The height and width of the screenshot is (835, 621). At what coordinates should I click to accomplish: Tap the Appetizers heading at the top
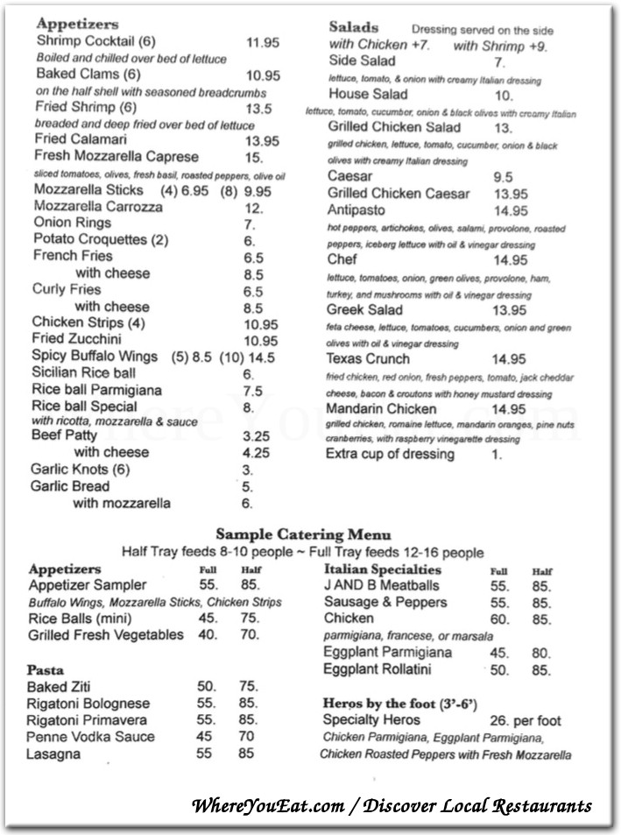pyautogui.click(x=77, y=25)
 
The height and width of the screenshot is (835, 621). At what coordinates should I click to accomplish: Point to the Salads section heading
pyautogui.click(x=353, y=27)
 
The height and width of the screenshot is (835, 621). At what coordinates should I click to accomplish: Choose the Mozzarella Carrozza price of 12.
pyautogui.click(x=254, y=208)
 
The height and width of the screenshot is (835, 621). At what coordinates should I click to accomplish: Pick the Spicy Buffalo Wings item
pyautogui.click(x=95, y=357)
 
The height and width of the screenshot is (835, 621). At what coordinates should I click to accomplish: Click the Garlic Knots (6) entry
pyautogui.click(x=81, y=470)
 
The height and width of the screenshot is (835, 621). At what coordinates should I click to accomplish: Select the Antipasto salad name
pyautogui.click(x=357, y=210)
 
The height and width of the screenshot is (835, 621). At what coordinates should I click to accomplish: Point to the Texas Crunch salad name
pyautogui.click(x=368, y=359)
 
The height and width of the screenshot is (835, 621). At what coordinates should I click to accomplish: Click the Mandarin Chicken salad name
pyautogui.click(x=381, y=409)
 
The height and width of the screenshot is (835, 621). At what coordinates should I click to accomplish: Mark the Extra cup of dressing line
pyautogui.click(x=390, y=454)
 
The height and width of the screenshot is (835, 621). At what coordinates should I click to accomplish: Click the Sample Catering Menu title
pyautogui.click(x=303, y=534)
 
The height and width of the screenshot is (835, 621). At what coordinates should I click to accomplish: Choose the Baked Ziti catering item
pyautogui.click(x=59, y=687)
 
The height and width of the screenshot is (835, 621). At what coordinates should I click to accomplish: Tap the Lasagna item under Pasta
pyautogui.click(x=54, y=754)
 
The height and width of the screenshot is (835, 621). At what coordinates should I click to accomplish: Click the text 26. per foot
pyautogui.click(x=526, y=720)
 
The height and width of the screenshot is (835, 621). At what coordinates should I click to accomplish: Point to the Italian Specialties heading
pyautogui.click(x=382, y=570)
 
